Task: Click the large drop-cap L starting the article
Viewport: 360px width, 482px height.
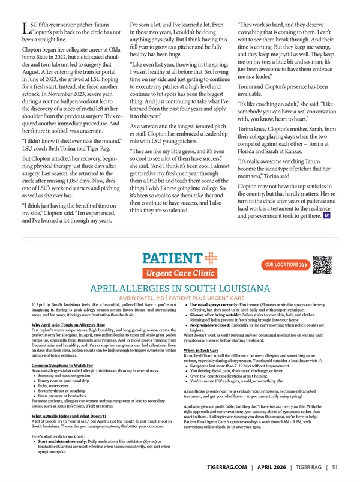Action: pos(25,28)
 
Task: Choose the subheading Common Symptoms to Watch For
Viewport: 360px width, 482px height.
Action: pos(62,366)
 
